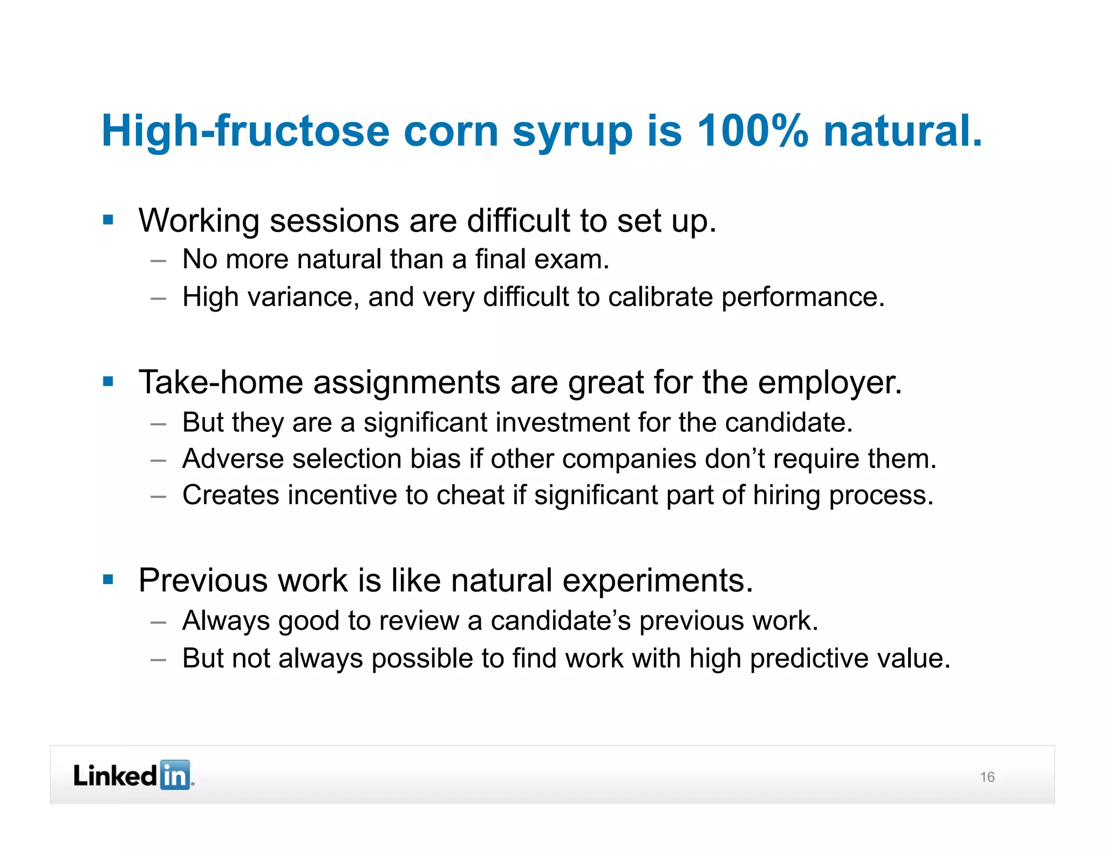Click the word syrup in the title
click(572, 132)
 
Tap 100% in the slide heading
click(753, 131)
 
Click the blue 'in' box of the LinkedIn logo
click(175, 776)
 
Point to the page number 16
click(987, 777)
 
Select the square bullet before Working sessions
click(108, 220)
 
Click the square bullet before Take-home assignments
click(108, 382)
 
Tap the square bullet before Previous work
click(108, 580)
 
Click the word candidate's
click(560, 621)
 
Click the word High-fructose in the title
click(245, 131)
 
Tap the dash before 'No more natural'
click(158, 261)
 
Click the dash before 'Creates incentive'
click(158, 496)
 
